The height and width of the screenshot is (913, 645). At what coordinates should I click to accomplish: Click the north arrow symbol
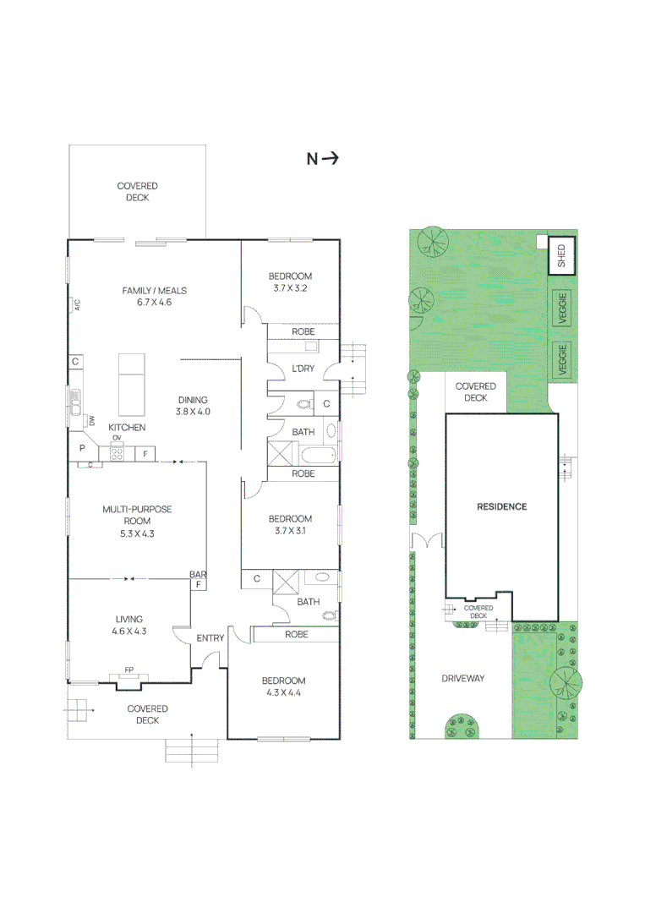[322, 158]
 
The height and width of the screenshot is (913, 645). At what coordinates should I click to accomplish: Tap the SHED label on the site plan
[561, 256]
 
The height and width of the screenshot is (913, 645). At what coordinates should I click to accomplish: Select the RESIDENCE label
[501, 507]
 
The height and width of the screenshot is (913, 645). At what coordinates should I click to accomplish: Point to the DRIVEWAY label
[462, 678]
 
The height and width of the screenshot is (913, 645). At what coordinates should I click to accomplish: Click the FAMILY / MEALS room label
[154, 291]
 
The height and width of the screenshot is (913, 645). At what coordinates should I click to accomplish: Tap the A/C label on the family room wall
[75, 303]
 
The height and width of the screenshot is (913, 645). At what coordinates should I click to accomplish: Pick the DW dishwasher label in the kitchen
[92, 419]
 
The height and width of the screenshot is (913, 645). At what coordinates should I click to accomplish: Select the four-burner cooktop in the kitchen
[117, 453]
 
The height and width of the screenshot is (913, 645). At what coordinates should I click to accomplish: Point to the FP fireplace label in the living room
[128, 670]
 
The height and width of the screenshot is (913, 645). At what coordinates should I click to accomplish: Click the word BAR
[199, 575]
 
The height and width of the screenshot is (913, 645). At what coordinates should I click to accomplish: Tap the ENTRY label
[210, 638]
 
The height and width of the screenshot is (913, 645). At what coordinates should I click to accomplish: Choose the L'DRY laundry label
[303, 369]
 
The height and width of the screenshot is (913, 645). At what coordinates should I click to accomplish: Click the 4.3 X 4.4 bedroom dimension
[283, 692]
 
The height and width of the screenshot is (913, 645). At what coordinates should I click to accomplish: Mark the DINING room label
[192, 400]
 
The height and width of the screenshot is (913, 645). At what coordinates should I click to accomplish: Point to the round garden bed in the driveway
[462, 724]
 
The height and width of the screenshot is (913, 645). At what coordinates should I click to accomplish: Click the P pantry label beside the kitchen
[83, 448]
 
